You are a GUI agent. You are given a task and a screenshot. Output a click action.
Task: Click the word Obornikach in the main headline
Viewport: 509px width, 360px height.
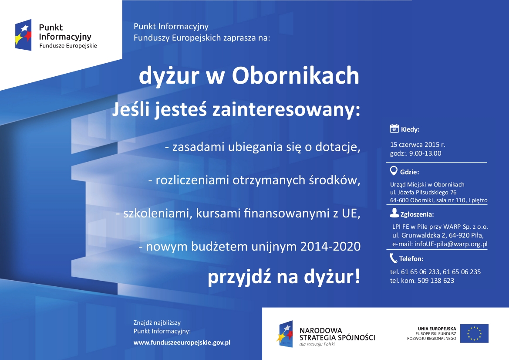point(295,75)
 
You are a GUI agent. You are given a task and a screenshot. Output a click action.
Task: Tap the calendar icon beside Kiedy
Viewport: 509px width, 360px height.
point(394,128)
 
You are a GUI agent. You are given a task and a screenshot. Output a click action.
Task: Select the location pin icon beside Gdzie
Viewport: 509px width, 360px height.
point(394,170)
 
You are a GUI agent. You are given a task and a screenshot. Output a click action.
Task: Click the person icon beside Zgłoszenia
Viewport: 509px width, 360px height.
point(394,213)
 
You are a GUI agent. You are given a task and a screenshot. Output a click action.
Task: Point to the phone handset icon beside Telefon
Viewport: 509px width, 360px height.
point(394,258)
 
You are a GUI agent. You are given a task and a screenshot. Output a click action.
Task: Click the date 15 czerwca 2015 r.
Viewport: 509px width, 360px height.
point(418,145)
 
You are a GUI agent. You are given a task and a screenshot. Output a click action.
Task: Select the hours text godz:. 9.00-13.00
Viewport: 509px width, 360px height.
point(415,153)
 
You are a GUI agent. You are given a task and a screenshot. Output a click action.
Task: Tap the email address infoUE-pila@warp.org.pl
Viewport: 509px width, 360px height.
point(451,244)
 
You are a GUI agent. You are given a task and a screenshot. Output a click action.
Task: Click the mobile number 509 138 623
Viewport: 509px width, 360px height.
point(436,280)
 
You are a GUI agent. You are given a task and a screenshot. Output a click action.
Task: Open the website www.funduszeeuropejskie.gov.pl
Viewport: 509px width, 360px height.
point(182,343)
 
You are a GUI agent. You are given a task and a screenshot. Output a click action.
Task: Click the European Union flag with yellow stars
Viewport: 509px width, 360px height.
point(474,333)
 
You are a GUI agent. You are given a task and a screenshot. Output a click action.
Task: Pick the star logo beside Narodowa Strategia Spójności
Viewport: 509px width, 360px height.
point(285,334)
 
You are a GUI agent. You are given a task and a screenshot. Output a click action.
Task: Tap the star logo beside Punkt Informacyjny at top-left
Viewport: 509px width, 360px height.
point(24,35)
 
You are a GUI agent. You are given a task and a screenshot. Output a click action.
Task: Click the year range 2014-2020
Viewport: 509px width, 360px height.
point(330,246)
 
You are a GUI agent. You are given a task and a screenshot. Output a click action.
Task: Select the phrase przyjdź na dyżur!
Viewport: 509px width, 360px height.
point(284,277)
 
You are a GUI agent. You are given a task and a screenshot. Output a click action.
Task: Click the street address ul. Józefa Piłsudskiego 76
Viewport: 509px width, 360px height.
point(423,192)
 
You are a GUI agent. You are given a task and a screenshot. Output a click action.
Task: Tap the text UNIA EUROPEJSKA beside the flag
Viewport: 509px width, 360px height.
point(437,329)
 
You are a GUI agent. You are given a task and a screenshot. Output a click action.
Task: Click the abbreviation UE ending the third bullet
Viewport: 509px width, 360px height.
point(351,213)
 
